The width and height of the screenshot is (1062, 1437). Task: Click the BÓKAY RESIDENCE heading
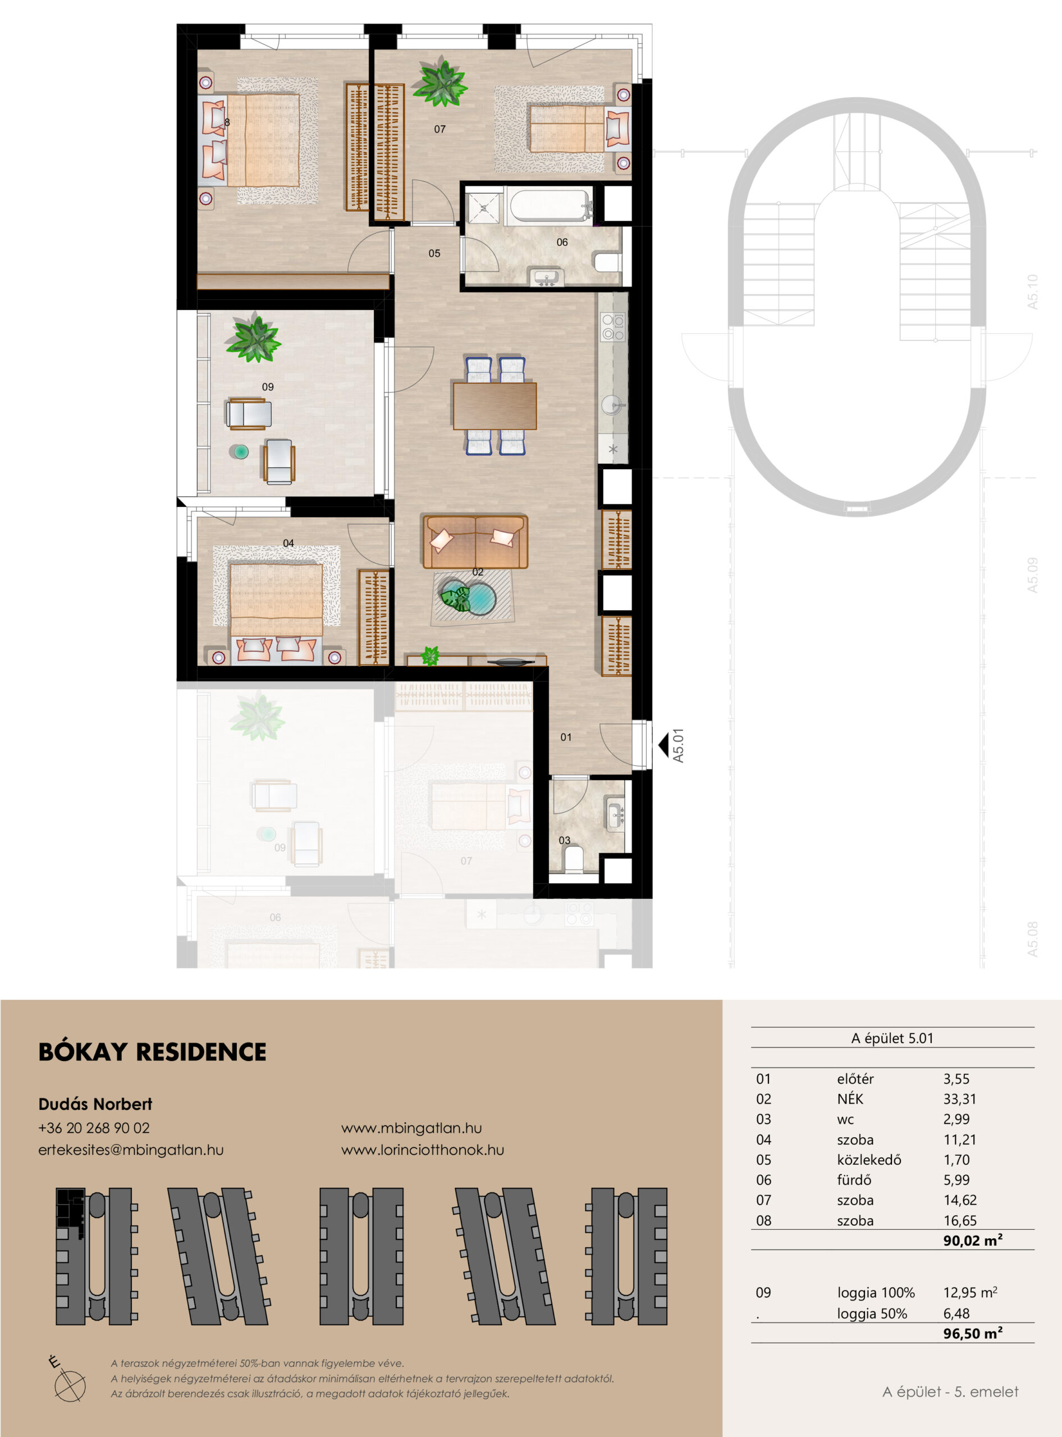152,1052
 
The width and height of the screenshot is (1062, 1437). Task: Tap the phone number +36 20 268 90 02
94,1128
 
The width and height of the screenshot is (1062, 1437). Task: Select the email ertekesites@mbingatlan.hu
131,1150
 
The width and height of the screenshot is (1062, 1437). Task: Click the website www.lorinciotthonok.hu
422,1150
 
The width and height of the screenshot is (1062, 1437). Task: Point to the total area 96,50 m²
973,1334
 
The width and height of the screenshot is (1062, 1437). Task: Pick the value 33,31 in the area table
960,1100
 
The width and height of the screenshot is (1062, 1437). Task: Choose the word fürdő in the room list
854,1180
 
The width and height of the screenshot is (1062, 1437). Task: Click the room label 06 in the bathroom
562,242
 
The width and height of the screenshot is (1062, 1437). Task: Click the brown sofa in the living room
475,541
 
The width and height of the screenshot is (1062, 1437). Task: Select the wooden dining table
495,406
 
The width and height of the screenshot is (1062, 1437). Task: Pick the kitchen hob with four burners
612,326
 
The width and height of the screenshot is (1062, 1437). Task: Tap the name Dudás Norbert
95,1104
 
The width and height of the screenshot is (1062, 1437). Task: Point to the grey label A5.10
1032,292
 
